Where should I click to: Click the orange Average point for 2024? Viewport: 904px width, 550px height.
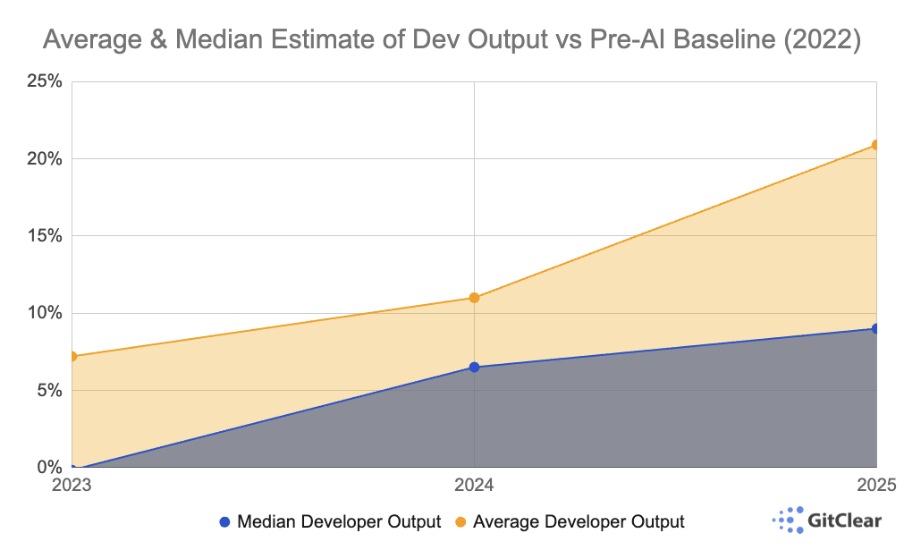coord(474,298)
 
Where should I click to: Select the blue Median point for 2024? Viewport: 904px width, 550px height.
coord(474,368)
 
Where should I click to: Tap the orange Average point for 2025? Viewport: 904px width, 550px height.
coord(875,145)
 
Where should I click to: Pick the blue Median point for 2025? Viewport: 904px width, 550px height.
coord(875,329)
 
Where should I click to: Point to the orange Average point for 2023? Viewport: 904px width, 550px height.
coord(72,356)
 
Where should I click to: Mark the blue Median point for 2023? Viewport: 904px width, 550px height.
coord(75,467)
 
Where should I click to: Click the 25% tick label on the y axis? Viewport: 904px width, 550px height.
coord(43,82)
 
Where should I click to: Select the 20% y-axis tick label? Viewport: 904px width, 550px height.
coord(43,159)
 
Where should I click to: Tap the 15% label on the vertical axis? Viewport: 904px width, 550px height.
coord(43,236)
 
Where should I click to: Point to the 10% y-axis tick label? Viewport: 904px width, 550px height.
coord(43,313)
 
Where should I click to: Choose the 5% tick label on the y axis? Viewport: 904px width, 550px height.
coord(46,390)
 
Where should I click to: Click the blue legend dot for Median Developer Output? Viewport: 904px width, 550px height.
coord(224,521)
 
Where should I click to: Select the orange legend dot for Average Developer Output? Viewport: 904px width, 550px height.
coord(460,521)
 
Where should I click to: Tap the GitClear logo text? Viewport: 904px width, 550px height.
coord(844,520)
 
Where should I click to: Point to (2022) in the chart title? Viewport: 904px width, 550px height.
coord(822,41)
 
